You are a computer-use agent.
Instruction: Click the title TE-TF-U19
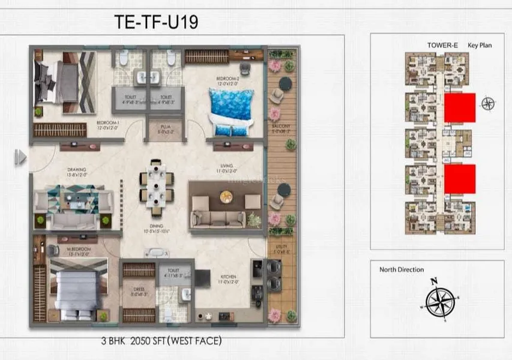pos(156,22)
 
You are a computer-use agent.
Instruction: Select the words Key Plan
pos(480,45)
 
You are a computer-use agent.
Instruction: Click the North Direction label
pos(402,269)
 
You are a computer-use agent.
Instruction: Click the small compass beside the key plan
pos(488,103)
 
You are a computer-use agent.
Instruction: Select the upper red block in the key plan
pos(460,107)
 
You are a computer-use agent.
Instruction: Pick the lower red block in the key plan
pos(460,179)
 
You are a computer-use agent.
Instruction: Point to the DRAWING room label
pos(77,170)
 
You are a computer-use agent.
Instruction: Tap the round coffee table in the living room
pos(226,196)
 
